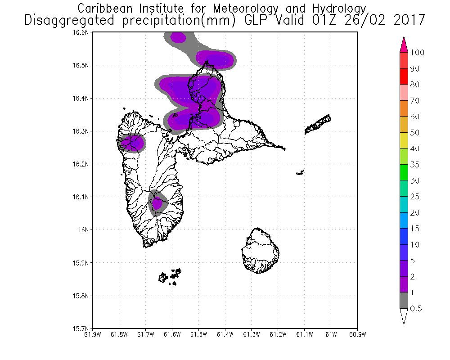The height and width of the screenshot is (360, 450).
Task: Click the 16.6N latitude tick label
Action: pyautogui.click(x=82, y=32)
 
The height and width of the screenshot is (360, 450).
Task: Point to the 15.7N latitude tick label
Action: pyautogui.click(x=82, y=328)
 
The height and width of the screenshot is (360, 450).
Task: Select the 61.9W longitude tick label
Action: pyautogui.click(x=92, y=334)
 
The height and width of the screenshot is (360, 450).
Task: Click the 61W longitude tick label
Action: pyautogui.click(x=331, y=334)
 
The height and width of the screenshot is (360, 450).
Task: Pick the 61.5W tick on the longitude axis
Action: pyautogui.click(x=198, y=334)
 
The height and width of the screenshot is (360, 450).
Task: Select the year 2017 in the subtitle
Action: pyautogui.click(x=409, y=20)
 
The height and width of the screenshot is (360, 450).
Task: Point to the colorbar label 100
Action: pyautogui.click(x=418, y=53)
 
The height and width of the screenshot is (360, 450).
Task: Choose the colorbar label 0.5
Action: pyautogui.click(x=416, y=309)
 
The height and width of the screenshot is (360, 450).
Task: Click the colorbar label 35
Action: pyautogui.click(x=414, y=165)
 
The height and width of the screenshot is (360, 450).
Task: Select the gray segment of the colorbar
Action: pyautogui.click(x=404, y=301)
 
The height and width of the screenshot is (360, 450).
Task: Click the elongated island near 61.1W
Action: pyautogui.click(x=319, y=124)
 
